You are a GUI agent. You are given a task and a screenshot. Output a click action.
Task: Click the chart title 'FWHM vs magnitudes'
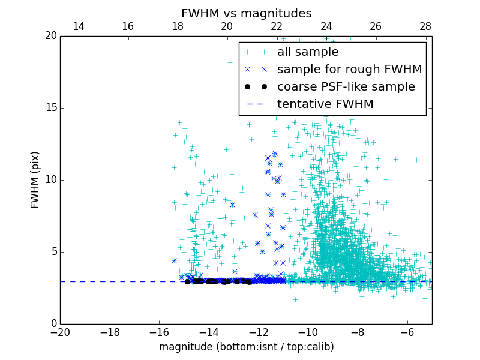point(246,13)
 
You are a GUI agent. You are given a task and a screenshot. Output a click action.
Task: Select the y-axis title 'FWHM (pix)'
point(35,179)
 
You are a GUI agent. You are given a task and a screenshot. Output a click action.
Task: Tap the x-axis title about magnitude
point(246,347)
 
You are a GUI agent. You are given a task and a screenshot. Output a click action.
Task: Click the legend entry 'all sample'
point(307,52)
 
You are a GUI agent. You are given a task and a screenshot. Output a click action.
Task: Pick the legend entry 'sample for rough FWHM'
point(349,70)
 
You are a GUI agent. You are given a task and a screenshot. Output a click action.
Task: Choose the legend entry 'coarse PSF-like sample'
point(346,87)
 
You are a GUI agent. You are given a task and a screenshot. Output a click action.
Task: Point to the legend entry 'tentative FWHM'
point(325,104)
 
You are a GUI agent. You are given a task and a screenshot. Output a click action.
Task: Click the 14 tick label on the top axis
point(78,26)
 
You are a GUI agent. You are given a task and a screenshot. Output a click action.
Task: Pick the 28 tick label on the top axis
point(425,26)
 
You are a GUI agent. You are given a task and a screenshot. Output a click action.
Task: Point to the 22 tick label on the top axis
point(277,26)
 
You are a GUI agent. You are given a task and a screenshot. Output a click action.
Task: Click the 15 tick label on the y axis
point(50,108)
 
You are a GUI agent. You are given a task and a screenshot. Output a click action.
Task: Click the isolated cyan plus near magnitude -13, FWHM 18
point(230,62)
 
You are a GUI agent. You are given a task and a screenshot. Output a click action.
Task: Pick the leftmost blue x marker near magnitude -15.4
point(174,260)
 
